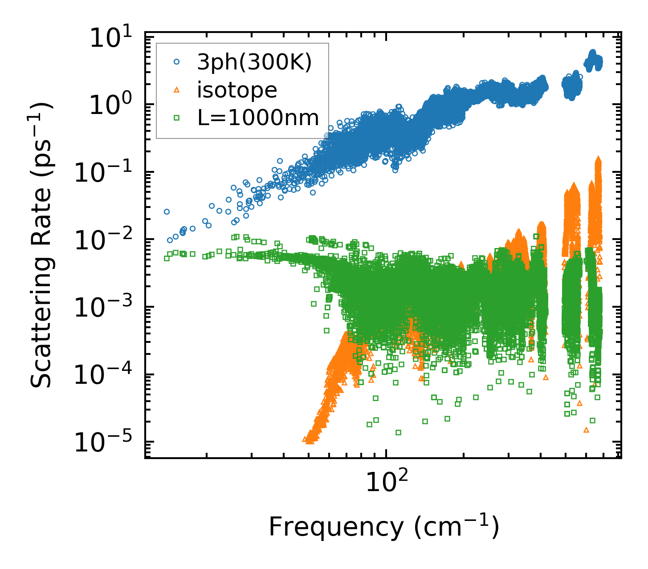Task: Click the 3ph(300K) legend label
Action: (x=254, y=63)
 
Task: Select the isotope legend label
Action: (x=237, y=90)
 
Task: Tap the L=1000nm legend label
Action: (x=258, y=118)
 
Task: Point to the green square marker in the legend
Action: (x=176, y=118)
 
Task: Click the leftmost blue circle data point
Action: (x=167, y=211)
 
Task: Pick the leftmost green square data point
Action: (x=167, y=258)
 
